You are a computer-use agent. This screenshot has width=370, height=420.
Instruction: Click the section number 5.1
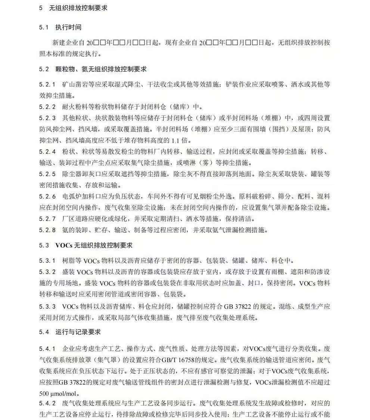(x=44, y=27)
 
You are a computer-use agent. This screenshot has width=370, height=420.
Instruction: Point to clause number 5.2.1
(x=47, y=84)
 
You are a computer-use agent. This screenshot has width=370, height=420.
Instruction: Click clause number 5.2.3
(x=47, y=118)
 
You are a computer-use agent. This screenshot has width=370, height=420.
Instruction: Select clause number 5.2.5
(x=47, y=174)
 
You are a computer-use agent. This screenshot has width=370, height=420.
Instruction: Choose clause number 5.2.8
(x=47, y=230)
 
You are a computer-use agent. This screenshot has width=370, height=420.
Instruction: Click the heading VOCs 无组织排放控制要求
(x=94, y=245)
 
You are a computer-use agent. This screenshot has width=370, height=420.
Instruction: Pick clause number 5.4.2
(x=47, y=404)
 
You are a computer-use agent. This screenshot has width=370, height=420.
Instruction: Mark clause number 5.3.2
(x=47, y=272)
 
